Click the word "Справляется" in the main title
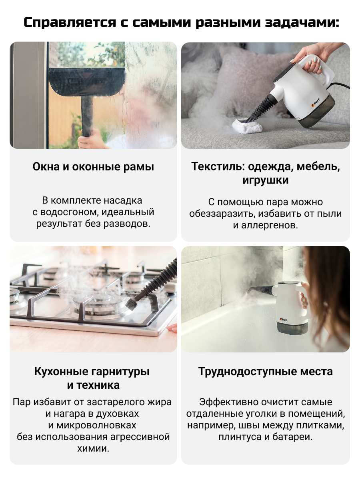[70, 22]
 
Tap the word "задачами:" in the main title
[302, 23]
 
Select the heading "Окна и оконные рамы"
[93, 167]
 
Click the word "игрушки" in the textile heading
[265, 180]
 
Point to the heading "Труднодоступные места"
[265, 371]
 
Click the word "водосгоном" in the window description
[70, 212]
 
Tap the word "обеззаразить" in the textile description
[222, 214]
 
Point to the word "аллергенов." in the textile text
[270, 225]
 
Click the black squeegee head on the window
[87, 82]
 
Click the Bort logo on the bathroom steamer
[283, 320]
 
